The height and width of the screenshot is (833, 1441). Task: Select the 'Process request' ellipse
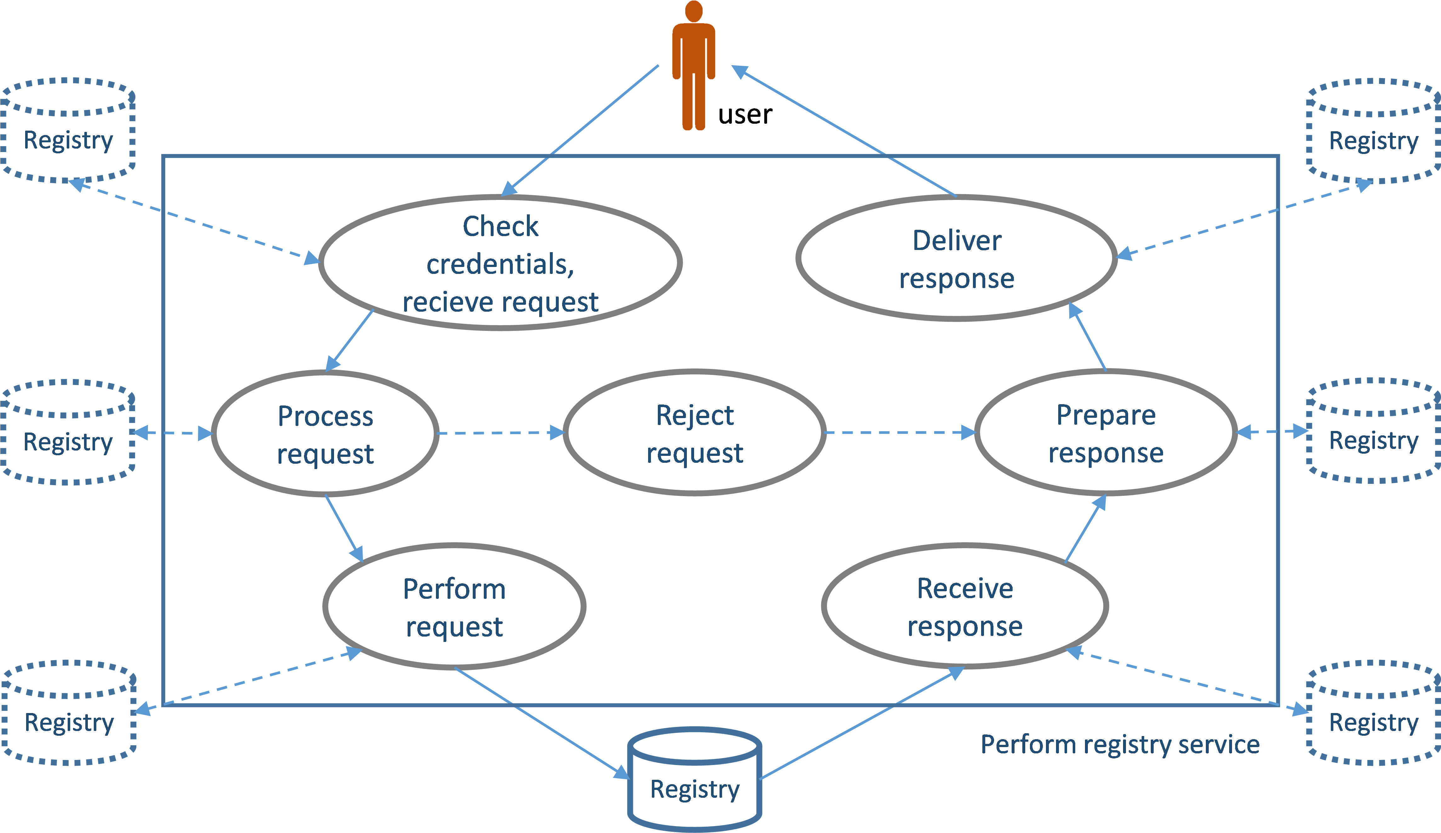pos(325,433)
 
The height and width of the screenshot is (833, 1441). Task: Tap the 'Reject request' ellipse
pos(694,433)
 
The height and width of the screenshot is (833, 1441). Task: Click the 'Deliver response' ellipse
pos(956,258)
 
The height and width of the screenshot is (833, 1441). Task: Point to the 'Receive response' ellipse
pos(965,606)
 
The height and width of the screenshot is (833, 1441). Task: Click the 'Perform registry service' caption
pos(1120,745)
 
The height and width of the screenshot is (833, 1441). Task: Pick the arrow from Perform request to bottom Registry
pos(540,723)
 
